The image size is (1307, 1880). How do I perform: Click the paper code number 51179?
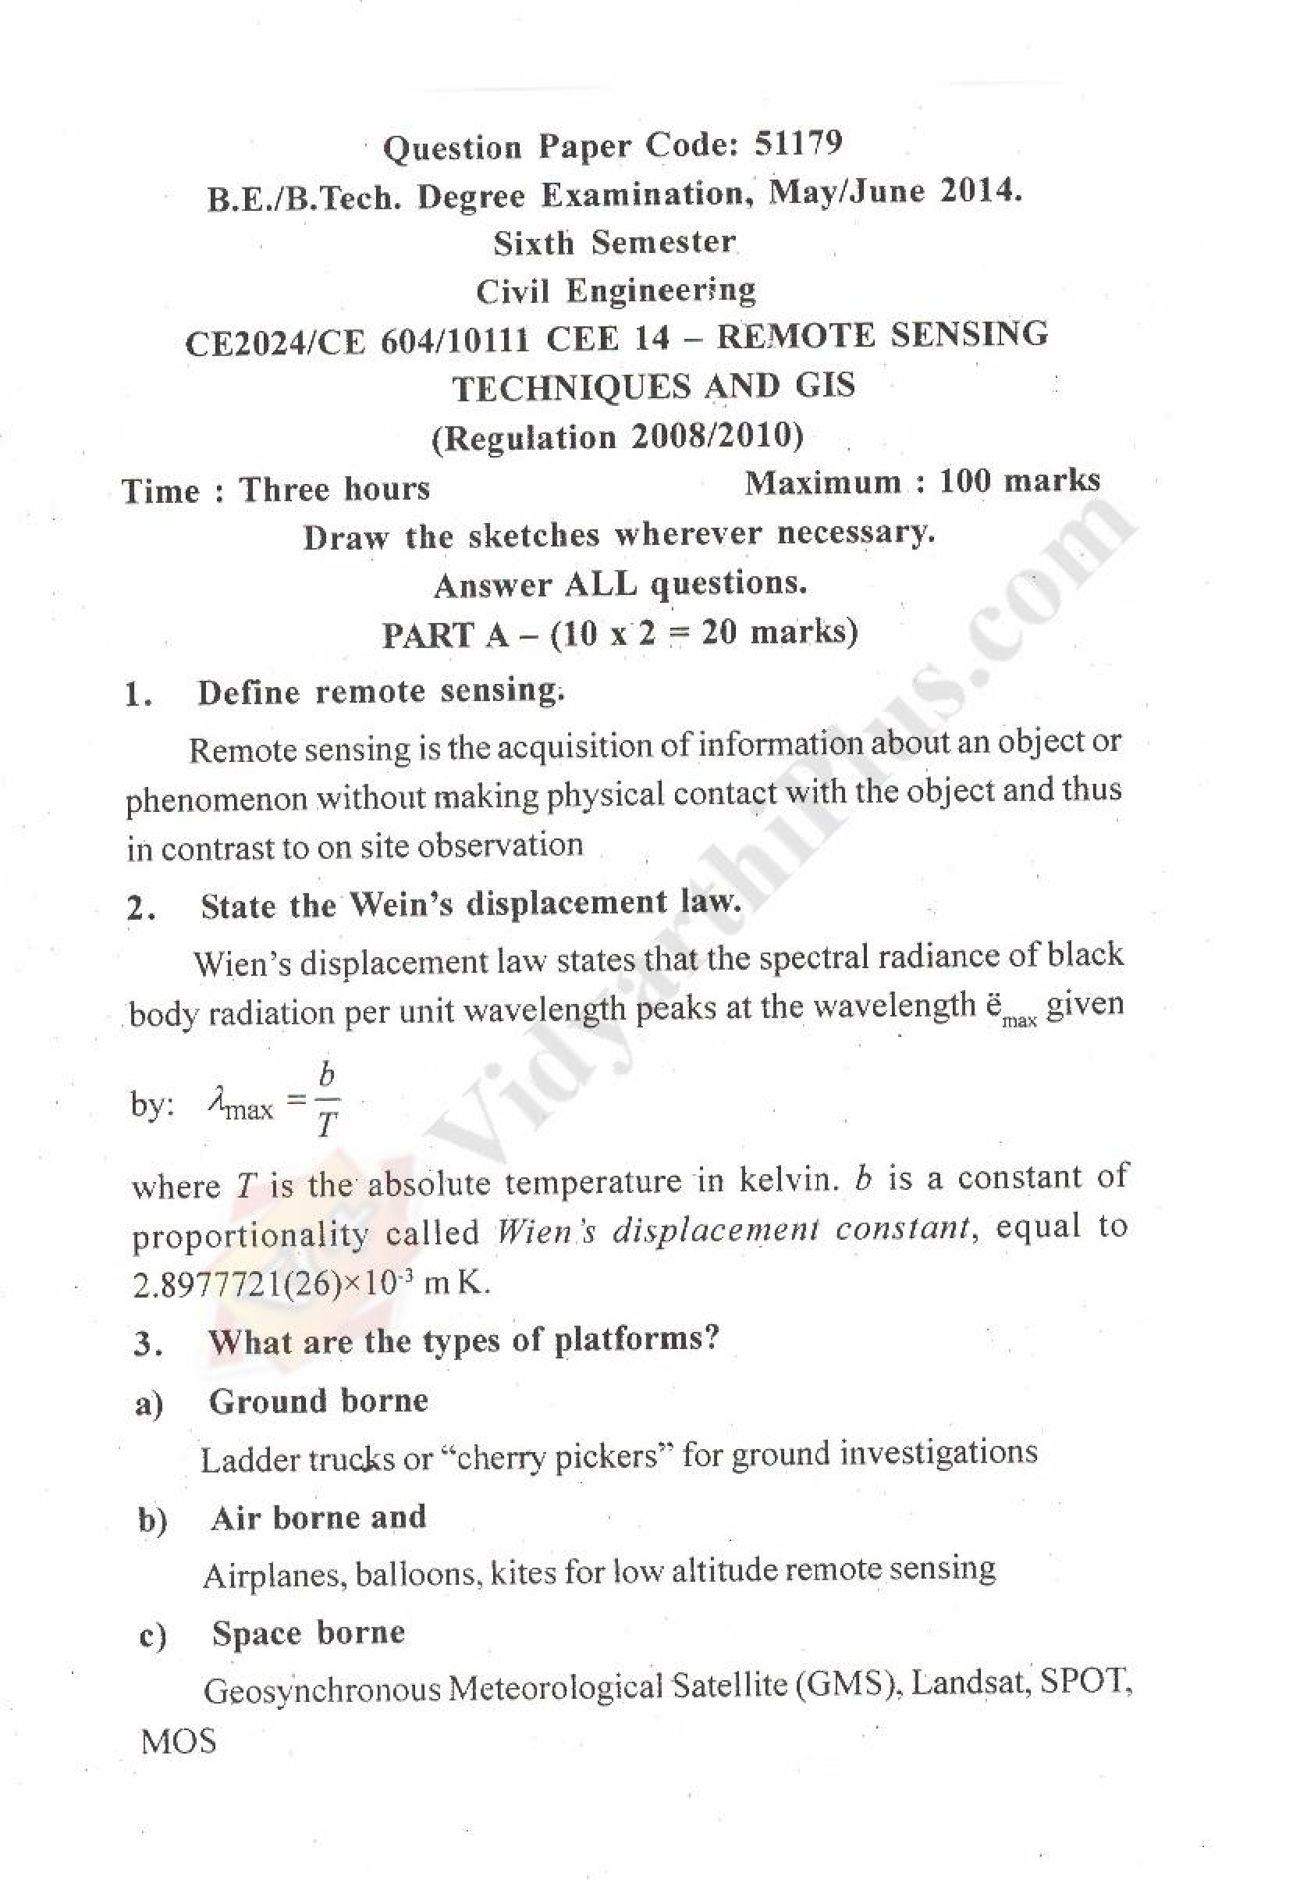(797, 145)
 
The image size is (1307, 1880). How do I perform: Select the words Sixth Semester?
(614, 243)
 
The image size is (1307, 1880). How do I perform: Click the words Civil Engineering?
(616, 290)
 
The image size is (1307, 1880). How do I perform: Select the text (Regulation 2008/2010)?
(617, 436)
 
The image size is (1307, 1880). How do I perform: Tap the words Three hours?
(334, 490)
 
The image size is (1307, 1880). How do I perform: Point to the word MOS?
(179, 1742)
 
